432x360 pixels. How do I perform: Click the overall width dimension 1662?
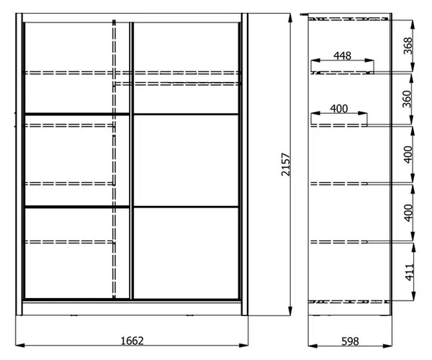tap(132, 341)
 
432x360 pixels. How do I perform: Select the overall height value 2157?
tap(286, 164)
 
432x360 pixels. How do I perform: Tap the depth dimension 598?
tap(350, 341)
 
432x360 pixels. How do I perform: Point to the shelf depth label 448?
tap(343, 56)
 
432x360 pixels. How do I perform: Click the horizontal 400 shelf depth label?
tap(339, 109)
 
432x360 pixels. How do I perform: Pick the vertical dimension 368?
tap(408, 45)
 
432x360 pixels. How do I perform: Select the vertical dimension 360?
tap(408, 99)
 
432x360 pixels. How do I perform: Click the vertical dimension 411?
tap(410, 272)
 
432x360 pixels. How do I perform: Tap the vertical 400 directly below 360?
tap(408, 155)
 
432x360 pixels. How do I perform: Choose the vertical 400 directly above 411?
tap(409, 213)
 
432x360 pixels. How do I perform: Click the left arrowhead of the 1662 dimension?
tap(20, 345)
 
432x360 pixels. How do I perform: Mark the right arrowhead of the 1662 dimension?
tap(244, 345)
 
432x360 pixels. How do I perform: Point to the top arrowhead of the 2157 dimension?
tap(290, 18)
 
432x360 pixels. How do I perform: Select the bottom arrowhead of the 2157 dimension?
tap(290, 311)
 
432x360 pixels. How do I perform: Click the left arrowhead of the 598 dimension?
tap(312, 346)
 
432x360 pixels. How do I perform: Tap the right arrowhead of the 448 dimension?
tap(369, 60)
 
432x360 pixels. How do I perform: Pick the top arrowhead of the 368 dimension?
tap(413, 24)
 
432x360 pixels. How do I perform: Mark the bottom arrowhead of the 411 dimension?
tap(413, 295)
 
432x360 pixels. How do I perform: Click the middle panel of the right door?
tap(186, 161)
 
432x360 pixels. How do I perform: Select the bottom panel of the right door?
tap(186, 253)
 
